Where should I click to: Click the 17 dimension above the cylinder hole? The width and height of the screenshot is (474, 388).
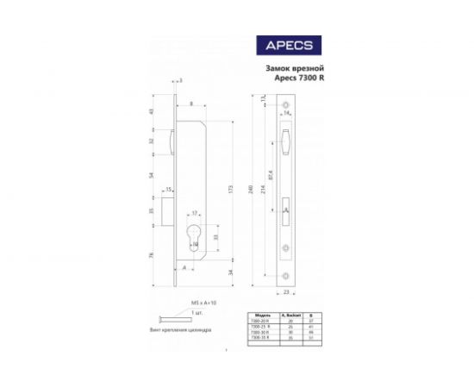(x=196, y=212)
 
